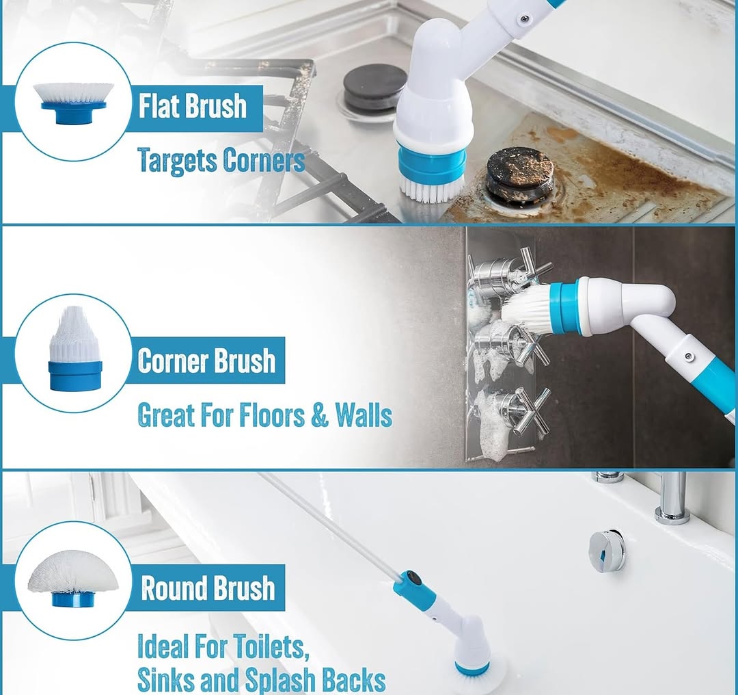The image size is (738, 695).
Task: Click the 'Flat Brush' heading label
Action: pos(192,107)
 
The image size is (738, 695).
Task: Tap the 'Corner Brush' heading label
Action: pos(206,360)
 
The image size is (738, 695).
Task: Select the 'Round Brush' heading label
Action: pos(208,588)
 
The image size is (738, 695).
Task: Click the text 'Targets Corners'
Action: pos(221,161)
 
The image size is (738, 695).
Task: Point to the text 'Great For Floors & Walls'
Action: pos(264,415)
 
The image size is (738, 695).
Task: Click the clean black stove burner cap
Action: pos(374,88)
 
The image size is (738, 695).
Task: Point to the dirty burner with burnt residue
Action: pos(520,172)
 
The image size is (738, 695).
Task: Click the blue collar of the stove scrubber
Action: pos(432,166)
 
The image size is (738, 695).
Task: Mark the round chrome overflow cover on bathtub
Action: pos(606,551)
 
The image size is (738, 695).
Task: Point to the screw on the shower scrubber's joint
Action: pos(689,356)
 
